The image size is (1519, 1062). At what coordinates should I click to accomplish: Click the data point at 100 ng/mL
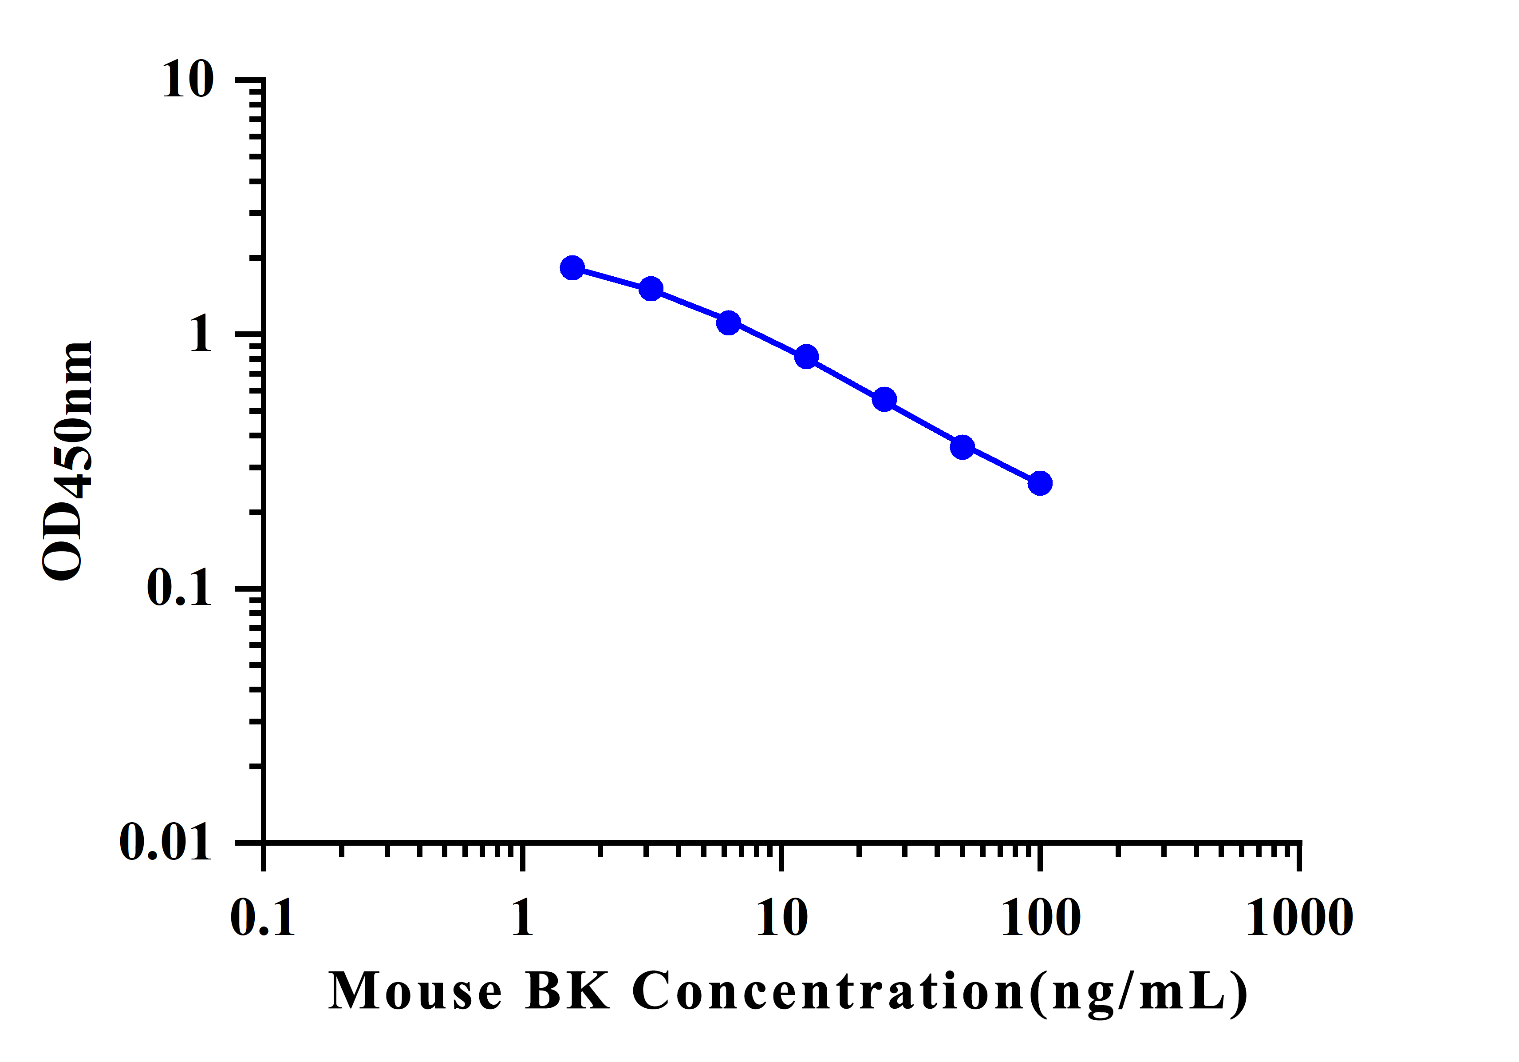coord(1040,483)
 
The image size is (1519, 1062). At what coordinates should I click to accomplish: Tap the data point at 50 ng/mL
coord(963,447)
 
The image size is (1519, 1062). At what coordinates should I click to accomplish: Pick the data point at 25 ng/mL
coord(884,399)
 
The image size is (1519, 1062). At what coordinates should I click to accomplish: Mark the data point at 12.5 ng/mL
coord(806,357)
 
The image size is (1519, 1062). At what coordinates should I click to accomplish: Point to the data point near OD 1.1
coord(728,322)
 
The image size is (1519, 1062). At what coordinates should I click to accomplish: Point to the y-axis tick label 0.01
coord(166,842)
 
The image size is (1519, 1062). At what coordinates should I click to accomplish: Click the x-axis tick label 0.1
coord(263,919)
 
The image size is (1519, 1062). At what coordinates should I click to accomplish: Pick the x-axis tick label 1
coord(522,919)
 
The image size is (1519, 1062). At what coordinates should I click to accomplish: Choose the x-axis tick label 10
coord(782,919)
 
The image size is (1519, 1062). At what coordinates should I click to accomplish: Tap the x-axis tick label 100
coord(1041,919)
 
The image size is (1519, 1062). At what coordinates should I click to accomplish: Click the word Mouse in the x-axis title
coord(415,991)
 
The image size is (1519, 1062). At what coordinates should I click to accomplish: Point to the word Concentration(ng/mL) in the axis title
coord(939,992)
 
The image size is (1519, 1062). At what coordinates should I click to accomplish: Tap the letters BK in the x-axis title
coord(567,991)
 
